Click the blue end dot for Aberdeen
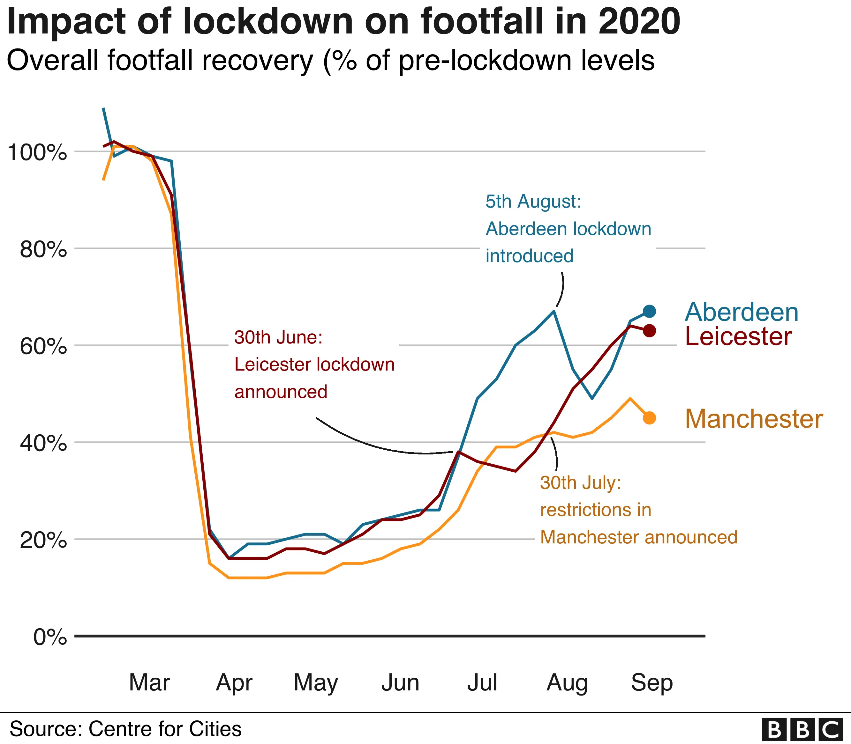coord(650,311)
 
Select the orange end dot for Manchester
coord(650,418)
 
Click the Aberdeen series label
coord(741,312)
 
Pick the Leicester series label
coord(738,336)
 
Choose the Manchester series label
coord(754,419)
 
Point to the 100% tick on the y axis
coord(37,153)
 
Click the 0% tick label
coord(50,637)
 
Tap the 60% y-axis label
coord(43,347)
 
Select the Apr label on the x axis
coord(234,682)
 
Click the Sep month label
coord(651,682)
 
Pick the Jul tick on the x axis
coord(482,682)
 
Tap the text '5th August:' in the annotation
coord(533,202)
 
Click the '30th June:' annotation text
coord(278,337)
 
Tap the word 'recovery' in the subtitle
coord(257,61)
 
